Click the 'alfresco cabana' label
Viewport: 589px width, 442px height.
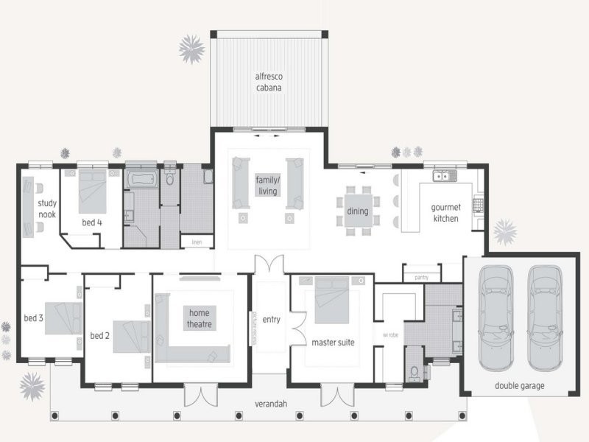269,82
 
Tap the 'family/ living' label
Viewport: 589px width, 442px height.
267,185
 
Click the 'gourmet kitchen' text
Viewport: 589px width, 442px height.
445,213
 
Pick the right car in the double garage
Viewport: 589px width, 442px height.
545,318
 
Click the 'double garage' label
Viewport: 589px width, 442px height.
521,385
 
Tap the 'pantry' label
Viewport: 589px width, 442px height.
421,277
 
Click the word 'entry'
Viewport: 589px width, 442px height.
272,319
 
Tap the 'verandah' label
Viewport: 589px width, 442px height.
272,402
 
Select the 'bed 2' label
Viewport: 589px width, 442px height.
99,336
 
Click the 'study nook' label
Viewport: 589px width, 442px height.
47,208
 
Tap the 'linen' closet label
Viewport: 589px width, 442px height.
197,242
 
